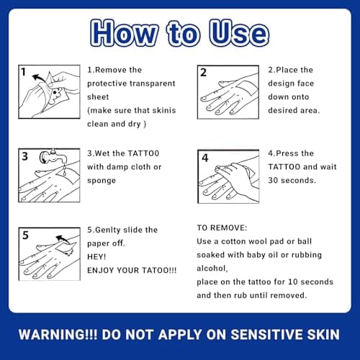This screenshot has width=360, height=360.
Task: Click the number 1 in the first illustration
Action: pyautogui.click(x=23, y=72)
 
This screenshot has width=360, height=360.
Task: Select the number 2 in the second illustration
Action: pyautogui.click(x=203, y=72)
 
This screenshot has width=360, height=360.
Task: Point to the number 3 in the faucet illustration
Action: pyautogui.click(x=24, y=156)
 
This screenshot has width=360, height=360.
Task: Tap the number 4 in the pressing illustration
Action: pyautogui.click(x=204, y=158)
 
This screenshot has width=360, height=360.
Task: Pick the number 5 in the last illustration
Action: pyautogui.click(x=25, y=235)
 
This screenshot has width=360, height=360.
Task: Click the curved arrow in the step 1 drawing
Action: pyautogui.click(x=39, y=78)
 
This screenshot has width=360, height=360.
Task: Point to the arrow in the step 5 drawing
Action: pyautogui.click(x=63, y=239)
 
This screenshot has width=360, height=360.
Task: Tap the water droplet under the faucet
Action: pyautogui.click(x=65, y=171)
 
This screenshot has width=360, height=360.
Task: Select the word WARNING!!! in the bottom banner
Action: pyautogui.click(x=58, y=334)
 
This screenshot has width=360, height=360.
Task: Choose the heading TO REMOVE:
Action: pyautogui.click(x=222, y=228)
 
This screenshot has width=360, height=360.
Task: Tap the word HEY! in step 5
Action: pyautogui.click(x=96, y=257)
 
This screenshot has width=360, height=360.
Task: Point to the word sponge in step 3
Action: pyautogui.click(x=102, y=181)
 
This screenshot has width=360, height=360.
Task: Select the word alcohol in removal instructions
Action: pyautogui.click(x=212, y=269)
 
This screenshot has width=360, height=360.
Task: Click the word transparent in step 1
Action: pyautogui.click(x=153, y=84)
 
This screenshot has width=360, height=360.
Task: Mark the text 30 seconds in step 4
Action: pyautogui.click(x=292, y=180)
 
